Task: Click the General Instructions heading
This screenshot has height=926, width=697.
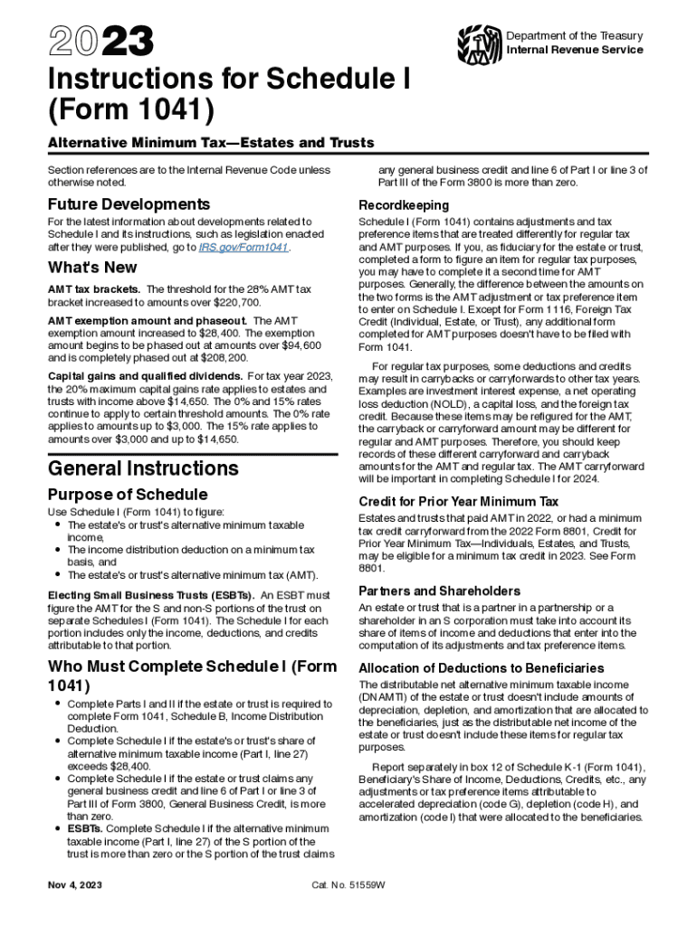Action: coord(143,468)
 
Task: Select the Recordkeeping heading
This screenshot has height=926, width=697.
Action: coord(403,204)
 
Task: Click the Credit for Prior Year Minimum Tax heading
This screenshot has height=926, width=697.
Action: coord(458,502)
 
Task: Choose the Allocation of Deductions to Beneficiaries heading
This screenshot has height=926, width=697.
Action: coord(481,667)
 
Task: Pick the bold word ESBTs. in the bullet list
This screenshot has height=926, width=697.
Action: coord(88,827)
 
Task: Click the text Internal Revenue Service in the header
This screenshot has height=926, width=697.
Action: coord(575,50)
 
